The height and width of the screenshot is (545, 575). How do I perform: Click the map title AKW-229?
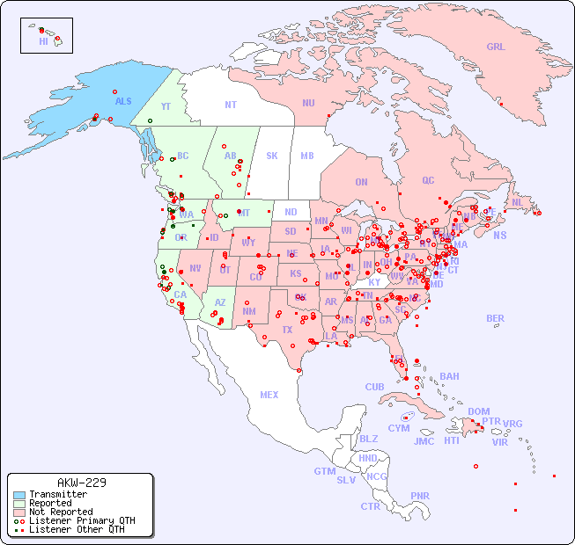81,483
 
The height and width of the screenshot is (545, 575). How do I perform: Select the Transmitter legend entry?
57,494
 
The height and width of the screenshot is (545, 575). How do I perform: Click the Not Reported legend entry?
60,512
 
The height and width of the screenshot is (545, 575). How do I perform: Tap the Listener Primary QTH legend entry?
81,520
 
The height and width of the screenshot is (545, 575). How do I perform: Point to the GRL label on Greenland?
496,47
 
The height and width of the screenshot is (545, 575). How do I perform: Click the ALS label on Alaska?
123,101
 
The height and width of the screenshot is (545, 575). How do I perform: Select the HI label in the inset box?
43,41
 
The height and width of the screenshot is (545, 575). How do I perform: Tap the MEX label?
269,395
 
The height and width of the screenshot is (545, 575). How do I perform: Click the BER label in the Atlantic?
495,318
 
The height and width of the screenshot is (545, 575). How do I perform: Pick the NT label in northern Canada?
231,104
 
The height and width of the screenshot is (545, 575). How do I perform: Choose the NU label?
308,103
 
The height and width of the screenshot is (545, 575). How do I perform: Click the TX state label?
287,330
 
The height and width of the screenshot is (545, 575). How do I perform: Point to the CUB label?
374,387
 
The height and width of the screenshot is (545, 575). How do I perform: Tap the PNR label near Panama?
420,496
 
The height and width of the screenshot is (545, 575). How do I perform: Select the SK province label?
272,156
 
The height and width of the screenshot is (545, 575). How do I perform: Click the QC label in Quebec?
428,180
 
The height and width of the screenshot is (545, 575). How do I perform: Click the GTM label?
324,471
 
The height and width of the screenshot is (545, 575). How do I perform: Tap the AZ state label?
220,302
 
